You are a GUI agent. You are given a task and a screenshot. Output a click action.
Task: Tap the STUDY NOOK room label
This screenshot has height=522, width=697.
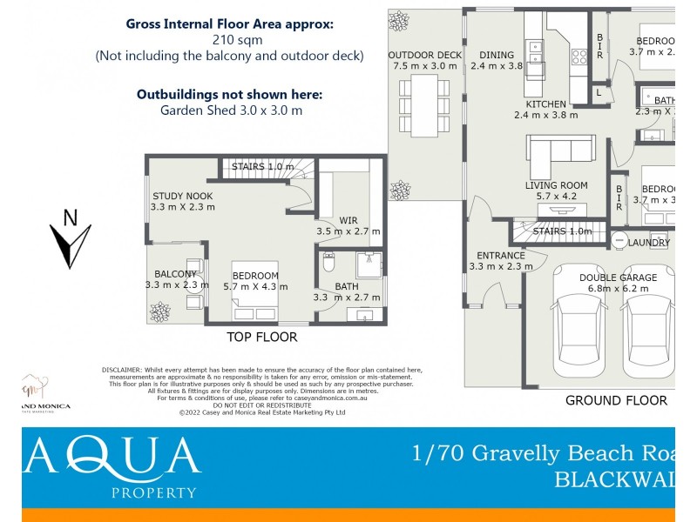click(x=183, y=201)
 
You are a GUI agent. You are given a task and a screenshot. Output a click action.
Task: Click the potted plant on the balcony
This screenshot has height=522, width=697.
click(x=160, y=310)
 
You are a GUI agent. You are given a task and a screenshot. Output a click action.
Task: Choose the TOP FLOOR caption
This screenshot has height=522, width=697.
click(x=262, y=337)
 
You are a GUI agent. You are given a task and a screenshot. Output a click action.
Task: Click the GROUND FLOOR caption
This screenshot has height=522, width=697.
click(x=616, y=401)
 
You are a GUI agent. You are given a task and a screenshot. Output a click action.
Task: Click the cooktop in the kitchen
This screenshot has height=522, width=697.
click(x=579, y=57)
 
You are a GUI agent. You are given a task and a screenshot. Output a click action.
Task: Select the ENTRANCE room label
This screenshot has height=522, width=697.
click(x=501, y=261)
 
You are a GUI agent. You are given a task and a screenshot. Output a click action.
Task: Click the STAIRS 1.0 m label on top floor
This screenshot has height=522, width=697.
click(x=263, y=166)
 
